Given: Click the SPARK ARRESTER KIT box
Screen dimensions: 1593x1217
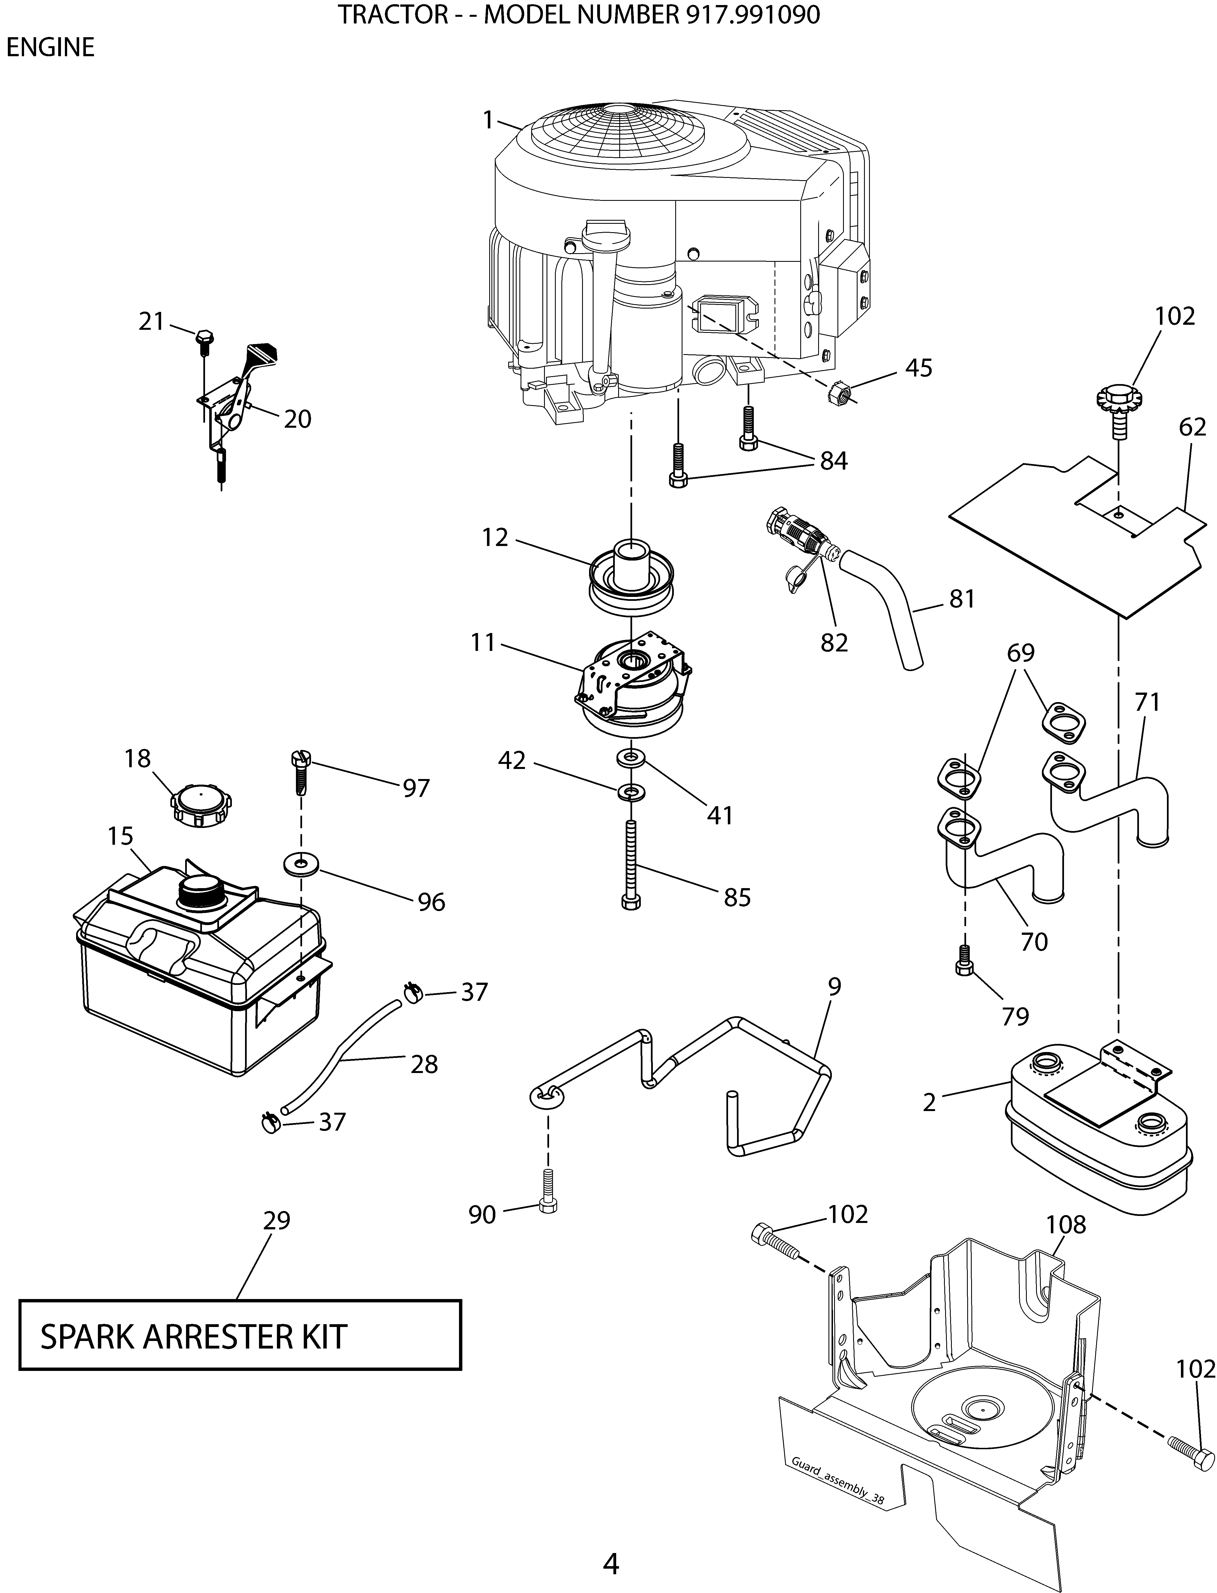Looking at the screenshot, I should click(240, 1335).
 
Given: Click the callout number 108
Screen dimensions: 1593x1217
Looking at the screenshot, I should click(1066, 1225).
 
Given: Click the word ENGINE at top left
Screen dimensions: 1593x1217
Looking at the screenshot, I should click(51, 48).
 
